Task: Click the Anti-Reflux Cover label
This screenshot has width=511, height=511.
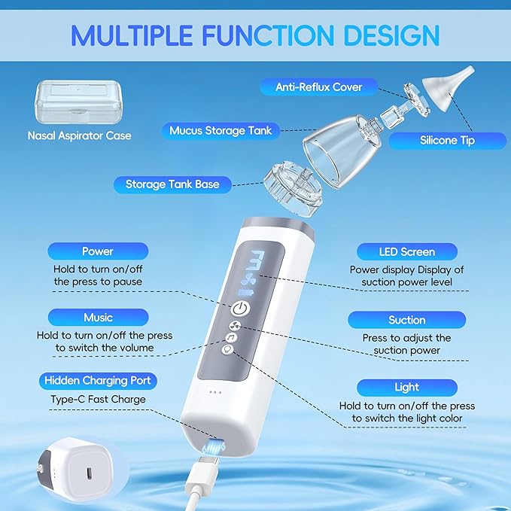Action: click(318, 87)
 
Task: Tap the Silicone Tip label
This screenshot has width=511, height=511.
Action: click(447, 140)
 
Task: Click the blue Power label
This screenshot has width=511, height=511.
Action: click(98, 251)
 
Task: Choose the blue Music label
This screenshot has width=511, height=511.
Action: click(98, 317)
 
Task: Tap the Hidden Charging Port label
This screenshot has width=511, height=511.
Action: click(98, 380)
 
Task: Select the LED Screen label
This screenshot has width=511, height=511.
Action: click(406, 251)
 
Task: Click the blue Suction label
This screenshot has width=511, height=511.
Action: click(406, 320)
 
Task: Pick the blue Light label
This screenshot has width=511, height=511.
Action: click(406, 387)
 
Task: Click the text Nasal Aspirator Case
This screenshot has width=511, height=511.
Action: click(79, 136)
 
